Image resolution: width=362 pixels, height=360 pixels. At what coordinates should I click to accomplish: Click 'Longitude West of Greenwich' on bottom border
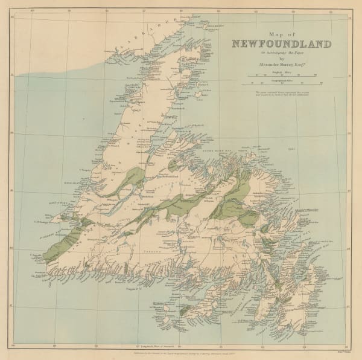click(x=182, y=333)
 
